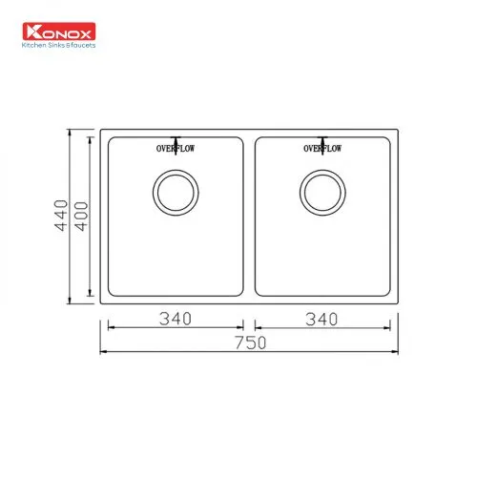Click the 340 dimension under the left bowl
tap(176, 319)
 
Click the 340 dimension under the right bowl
tap(323, 319)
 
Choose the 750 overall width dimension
tap(250, 342)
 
